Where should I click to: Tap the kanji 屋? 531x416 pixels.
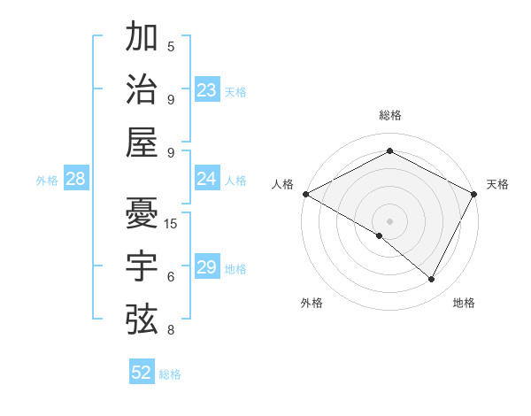click(142, 143)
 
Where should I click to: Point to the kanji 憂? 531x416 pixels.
click(142, 213)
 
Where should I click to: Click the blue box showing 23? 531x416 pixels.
click(207, 90)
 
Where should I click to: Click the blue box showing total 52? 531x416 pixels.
click(142, 374)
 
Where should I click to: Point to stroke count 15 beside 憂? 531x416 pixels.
click(171, 223)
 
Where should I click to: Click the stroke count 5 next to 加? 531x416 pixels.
click(171, 46)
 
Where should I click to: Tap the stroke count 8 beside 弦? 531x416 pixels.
click(171, 330)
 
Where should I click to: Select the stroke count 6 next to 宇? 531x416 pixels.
click(171, 276)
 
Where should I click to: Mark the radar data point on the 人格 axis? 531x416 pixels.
click(305, 194)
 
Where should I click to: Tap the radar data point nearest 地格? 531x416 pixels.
click(432, 280)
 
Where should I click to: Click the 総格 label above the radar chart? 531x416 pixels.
click(390, 115)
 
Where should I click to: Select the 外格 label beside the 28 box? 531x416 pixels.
click(47, 181)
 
